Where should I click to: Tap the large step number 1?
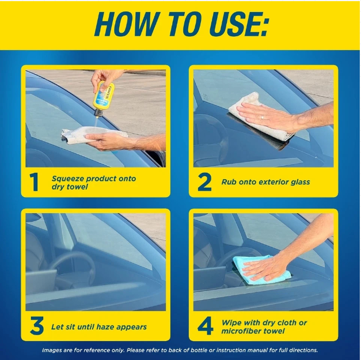tap(35, 183)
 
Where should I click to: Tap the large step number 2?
tap(204, 183)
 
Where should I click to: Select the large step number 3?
tap(36, 327)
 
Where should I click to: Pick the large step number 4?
tap(205, 327)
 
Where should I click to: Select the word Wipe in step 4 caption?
tap(231, 323)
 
